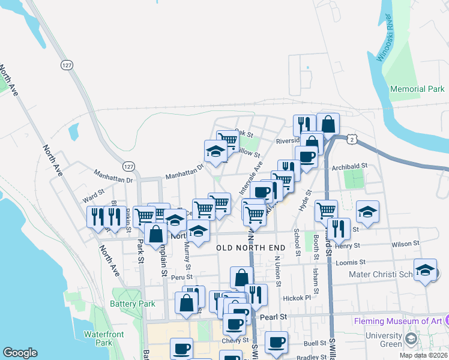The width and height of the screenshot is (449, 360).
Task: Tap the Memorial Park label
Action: pyautogui.click(x=417, y=89)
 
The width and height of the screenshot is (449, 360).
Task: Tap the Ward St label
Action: pyautogui.click(x=94, y=197)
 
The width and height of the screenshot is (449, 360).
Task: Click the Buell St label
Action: pyautogui.click(x=315, y=344)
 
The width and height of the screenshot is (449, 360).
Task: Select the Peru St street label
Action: pyautogui.click(x=181, y=277)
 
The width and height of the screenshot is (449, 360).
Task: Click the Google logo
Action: pyautogui.click(x=20, y=353)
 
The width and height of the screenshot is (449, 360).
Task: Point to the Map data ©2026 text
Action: pyautogui.click(x=423, y=355)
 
